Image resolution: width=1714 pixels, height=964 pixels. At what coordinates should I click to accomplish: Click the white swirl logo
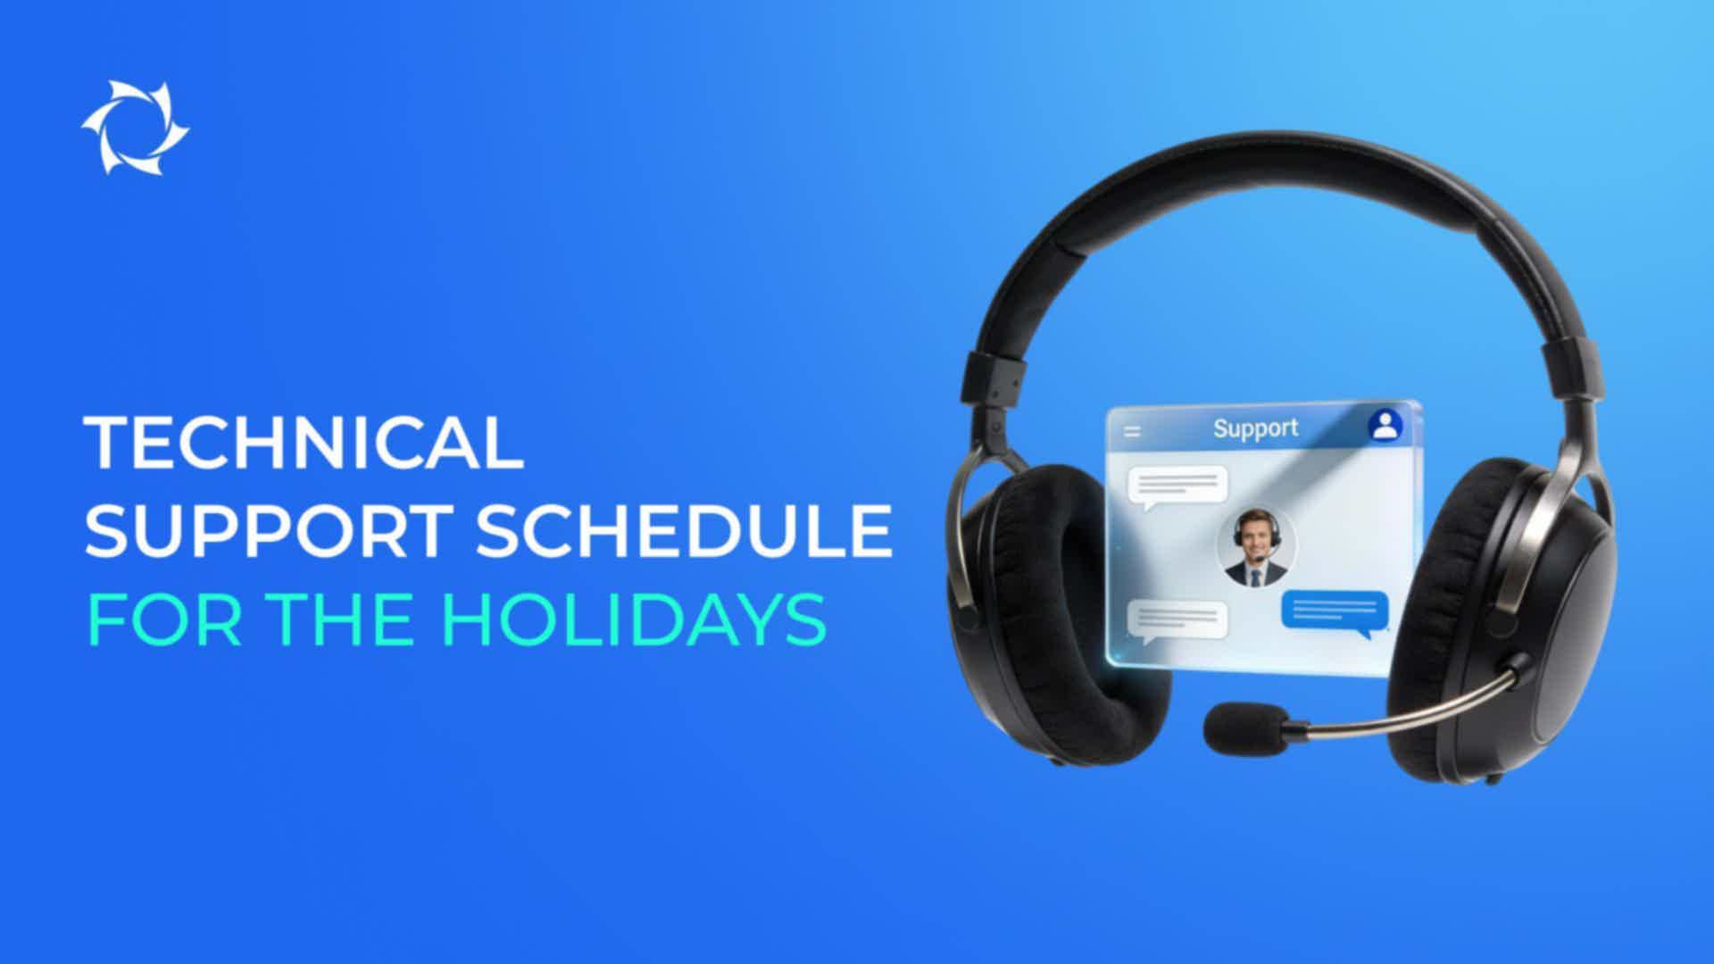[x=135, y=128]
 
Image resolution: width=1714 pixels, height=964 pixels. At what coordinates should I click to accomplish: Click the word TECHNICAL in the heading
[x=304, y=443]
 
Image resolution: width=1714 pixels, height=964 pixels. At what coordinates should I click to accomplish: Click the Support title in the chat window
[x=1255, y=428]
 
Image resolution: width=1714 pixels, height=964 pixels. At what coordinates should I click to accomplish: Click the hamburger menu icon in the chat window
[x=1132, y=432]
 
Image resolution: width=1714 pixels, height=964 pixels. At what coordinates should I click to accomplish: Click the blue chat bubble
[x=1335, y=613]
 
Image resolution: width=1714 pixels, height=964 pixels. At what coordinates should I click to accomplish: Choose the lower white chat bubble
[x=1177, y=621]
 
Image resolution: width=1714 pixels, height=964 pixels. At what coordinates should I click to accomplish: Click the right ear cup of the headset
[x=1509, y=616]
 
